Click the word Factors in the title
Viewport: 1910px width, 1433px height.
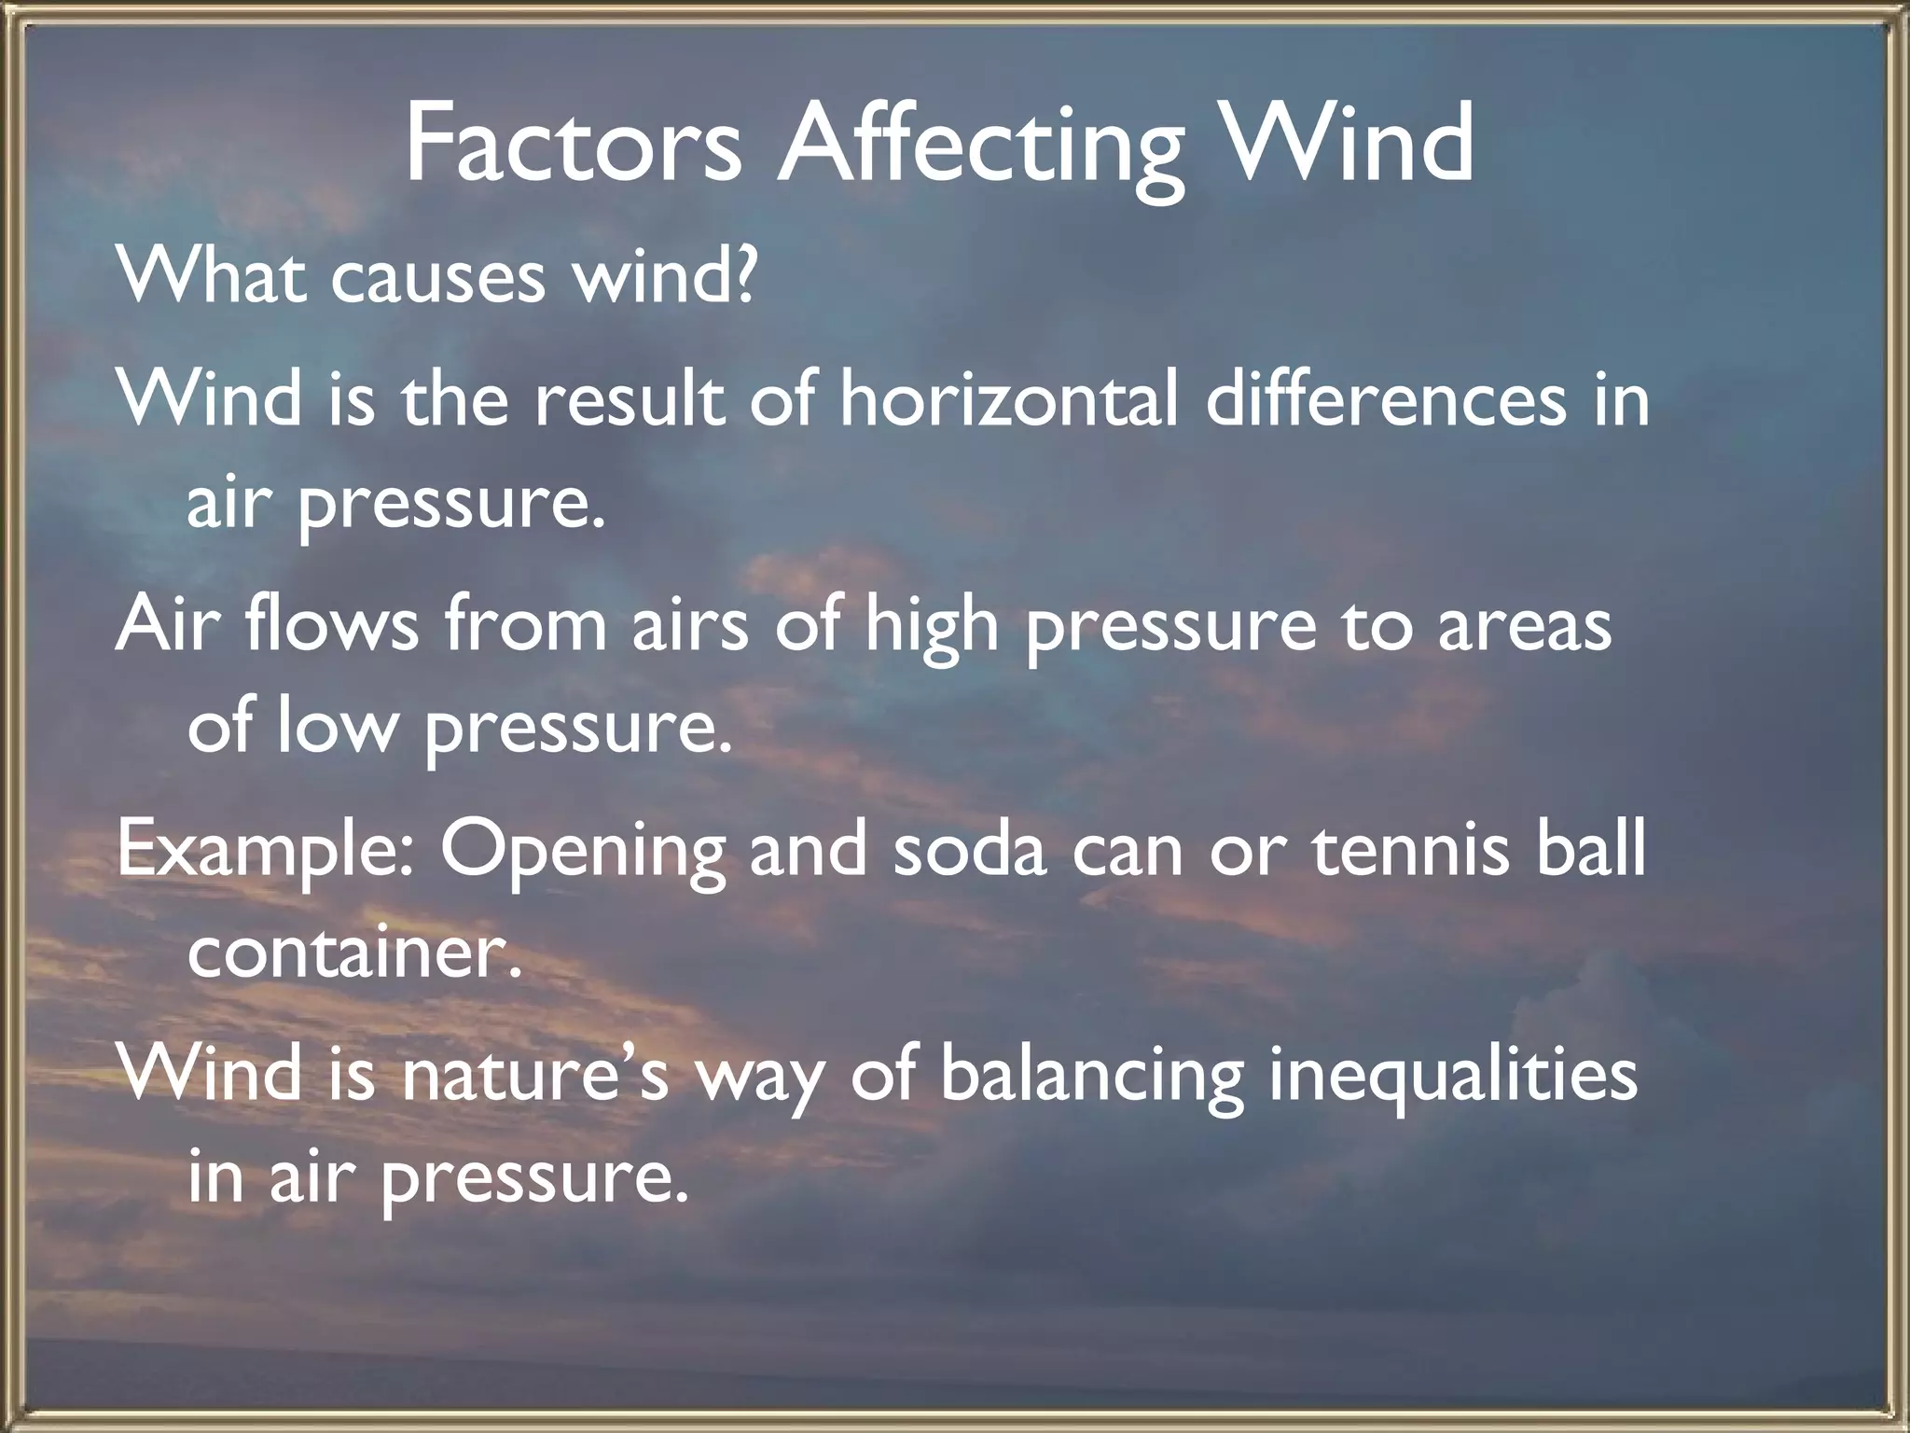click(x=573, y=146)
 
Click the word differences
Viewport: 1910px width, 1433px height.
click(x=1384, y=399)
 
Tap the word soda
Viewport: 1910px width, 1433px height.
click(x=969, y=849)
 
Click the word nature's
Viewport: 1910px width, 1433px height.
click(x=535, y=1073)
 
